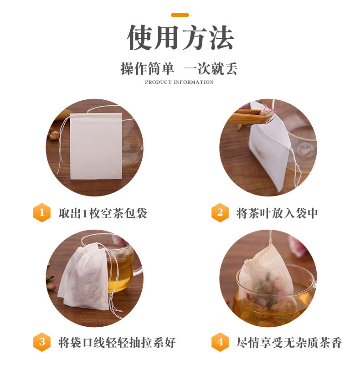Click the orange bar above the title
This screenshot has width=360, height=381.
(180, 15)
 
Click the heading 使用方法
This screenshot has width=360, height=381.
(180, 37)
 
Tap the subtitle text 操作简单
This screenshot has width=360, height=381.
(147, 69)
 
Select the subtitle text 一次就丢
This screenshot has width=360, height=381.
(211, 69)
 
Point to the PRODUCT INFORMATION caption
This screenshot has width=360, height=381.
(179, 82)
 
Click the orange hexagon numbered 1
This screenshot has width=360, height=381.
(42, 212)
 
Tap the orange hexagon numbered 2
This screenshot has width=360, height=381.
(220, 212)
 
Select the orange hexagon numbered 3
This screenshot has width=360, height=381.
(42, 342)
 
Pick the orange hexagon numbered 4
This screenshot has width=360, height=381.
(220, 342)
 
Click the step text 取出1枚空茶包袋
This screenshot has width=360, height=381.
(103, 213)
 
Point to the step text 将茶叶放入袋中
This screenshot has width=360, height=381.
(277, 213)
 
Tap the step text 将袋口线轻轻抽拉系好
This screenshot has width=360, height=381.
(117, 343)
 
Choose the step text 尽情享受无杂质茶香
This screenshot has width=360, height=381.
(289, 343)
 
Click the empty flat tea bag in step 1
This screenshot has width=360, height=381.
(96, 146)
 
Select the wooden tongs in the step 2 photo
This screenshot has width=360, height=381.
(246, 118)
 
